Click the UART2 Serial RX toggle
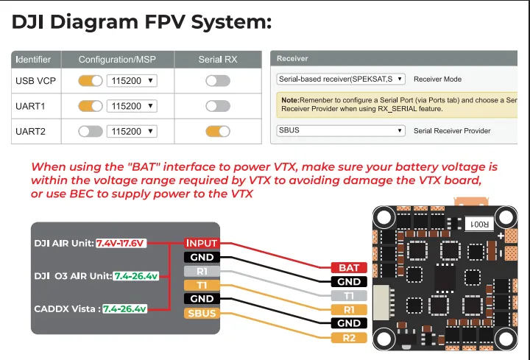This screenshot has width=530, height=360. click(218, 131)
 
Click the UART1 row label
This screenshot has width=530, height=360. click(31, 106)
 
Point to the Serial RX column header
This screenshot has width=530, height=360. click(218, 59)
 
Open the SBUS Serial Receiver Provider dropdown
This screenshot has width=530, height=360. click(341, 130)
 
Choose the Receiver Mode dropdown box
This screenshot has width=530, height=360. click(341, 78)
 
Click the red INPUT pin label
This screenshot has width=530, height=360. click(201, 243)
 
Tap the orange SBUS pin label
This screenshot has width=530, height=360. click(201, 314)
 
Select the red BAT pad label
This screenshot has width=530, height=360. click(348, 268)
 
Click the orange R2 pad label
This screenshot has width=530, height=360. click(348, 338)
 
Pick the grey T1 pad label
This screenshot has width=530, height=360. click(348, 296)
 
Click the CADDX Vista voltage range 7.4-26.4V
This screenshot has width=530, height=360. click(125, 308)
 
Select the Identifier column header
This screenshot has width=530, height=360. click(34, 59)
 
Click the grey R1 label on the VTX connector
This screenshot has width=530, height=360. click(201, 271)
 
